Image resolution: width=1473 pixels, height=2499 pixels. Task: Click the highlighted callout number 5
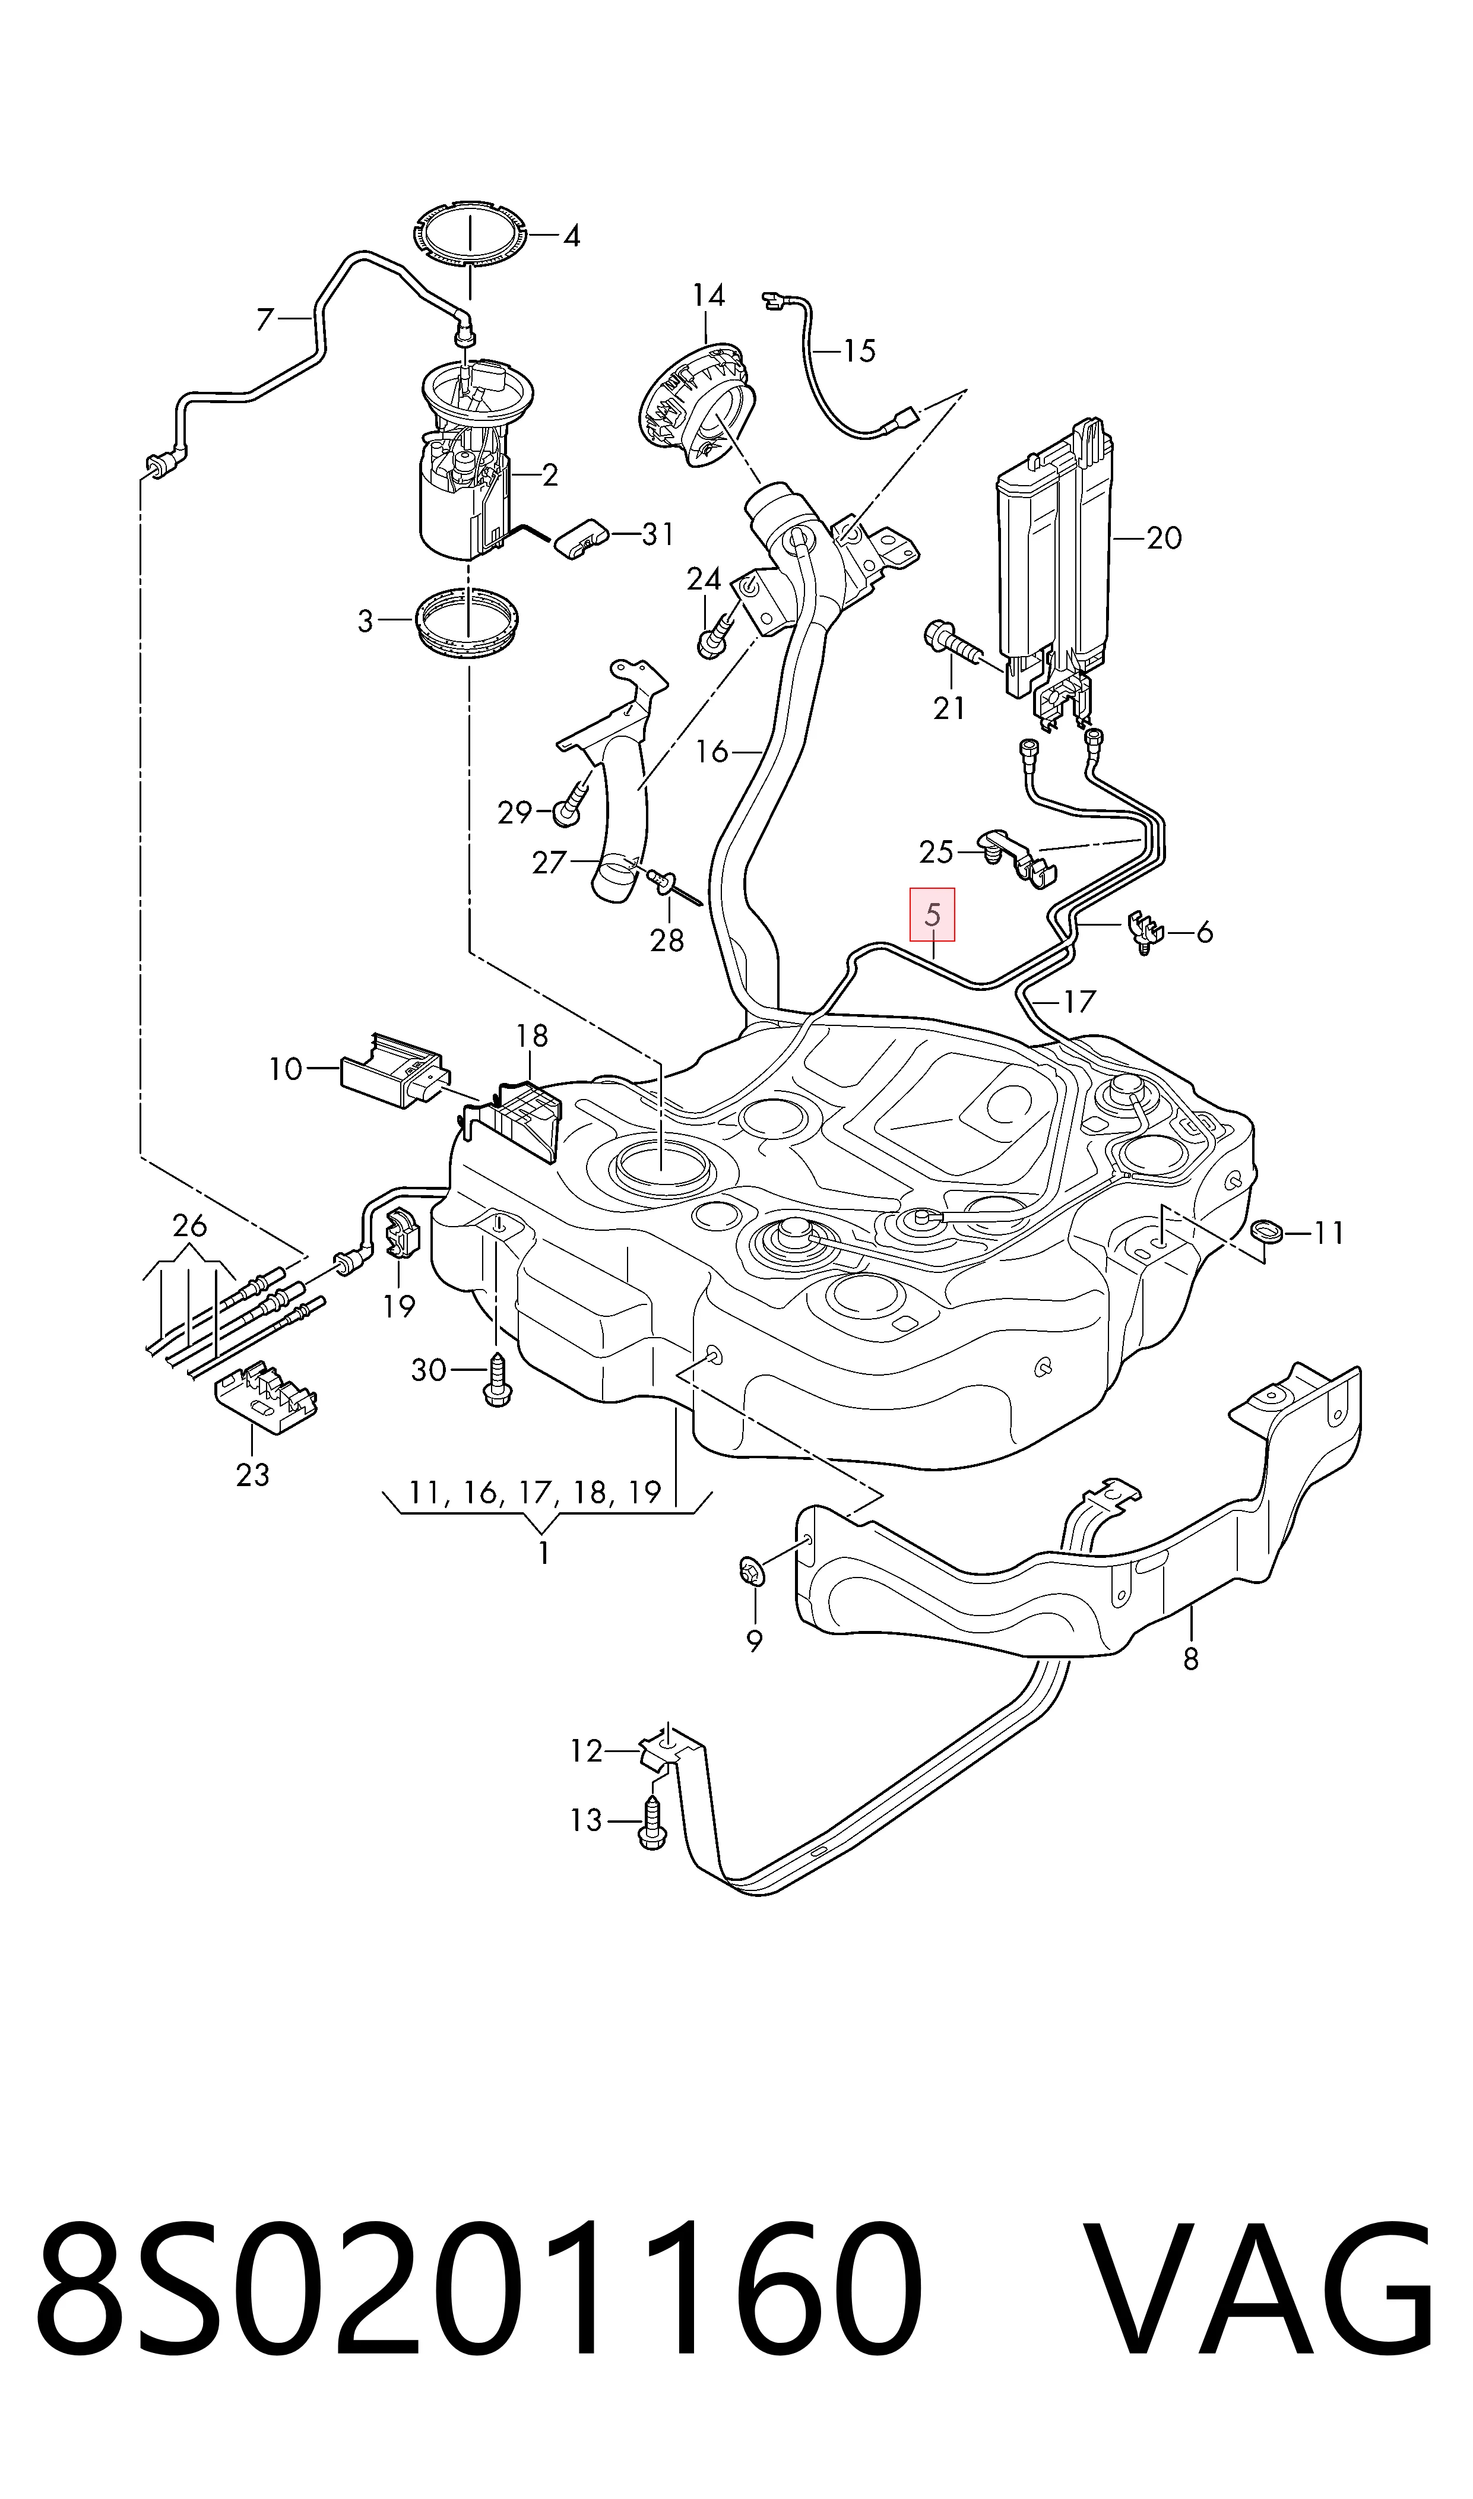pos(932,914)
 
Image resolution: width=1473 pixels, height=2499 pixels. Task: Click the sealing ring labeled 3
pos(467,622)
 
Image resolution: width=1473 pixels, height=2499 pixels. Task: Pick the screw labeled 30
pos(495,1379)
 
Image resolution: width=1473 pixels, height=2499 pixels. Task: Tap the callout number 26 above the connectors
pos(189,1225)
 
